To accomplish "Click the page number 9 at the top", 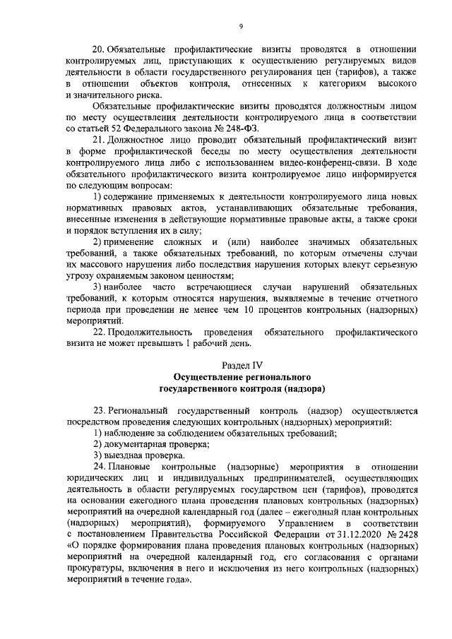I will [x=241, y=27].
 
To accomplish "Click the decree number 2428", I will [x=405, y=534].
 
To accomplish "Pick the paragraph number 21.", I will [x=99, y=141].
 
